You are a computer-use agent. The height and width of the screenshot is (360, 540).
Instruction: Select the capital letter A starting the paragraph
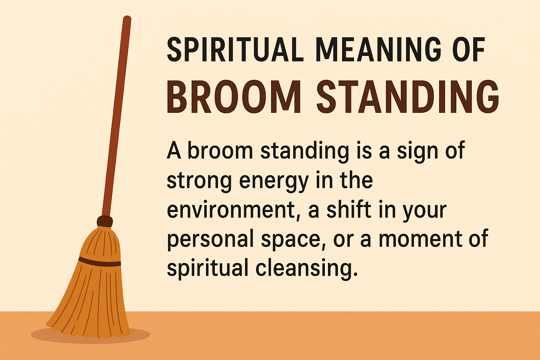coord(174,151)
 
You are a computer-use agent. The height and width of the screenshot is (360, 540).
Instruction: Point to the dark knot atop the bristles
coord(105,221)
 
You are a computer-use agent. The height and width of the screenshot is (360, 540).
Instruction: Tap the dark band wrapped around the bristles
coord(99,262)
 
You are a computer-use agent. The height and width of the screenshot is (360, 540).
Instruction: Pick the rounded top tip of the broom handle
coord(127,18)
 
